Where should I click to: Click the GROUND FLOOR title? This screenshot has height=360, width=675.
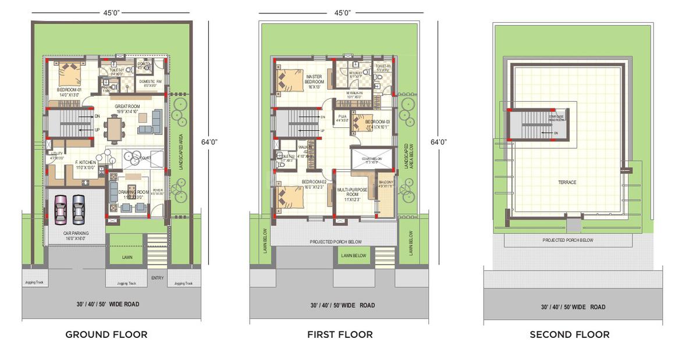(106, 334)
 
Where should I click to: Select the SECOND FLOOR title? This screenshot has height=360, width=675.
(569, 334)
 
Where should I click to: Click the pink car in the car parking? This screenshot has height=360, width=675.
(61, 209)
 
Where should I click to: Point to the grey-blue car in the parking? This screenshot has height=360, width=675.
(79, 209)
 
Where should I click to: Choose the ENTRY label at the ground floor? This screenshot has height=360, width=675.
(157, 278)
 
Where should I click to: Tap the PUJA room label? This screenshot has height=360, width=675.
(342, 119)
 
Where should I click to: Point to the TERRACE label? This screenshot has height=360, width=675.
(567, 183)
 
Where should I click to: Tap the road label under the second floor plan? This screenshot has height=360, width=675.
(573, 307)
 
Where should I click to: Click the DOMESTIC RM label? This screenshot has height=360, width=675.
(150, 83)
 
